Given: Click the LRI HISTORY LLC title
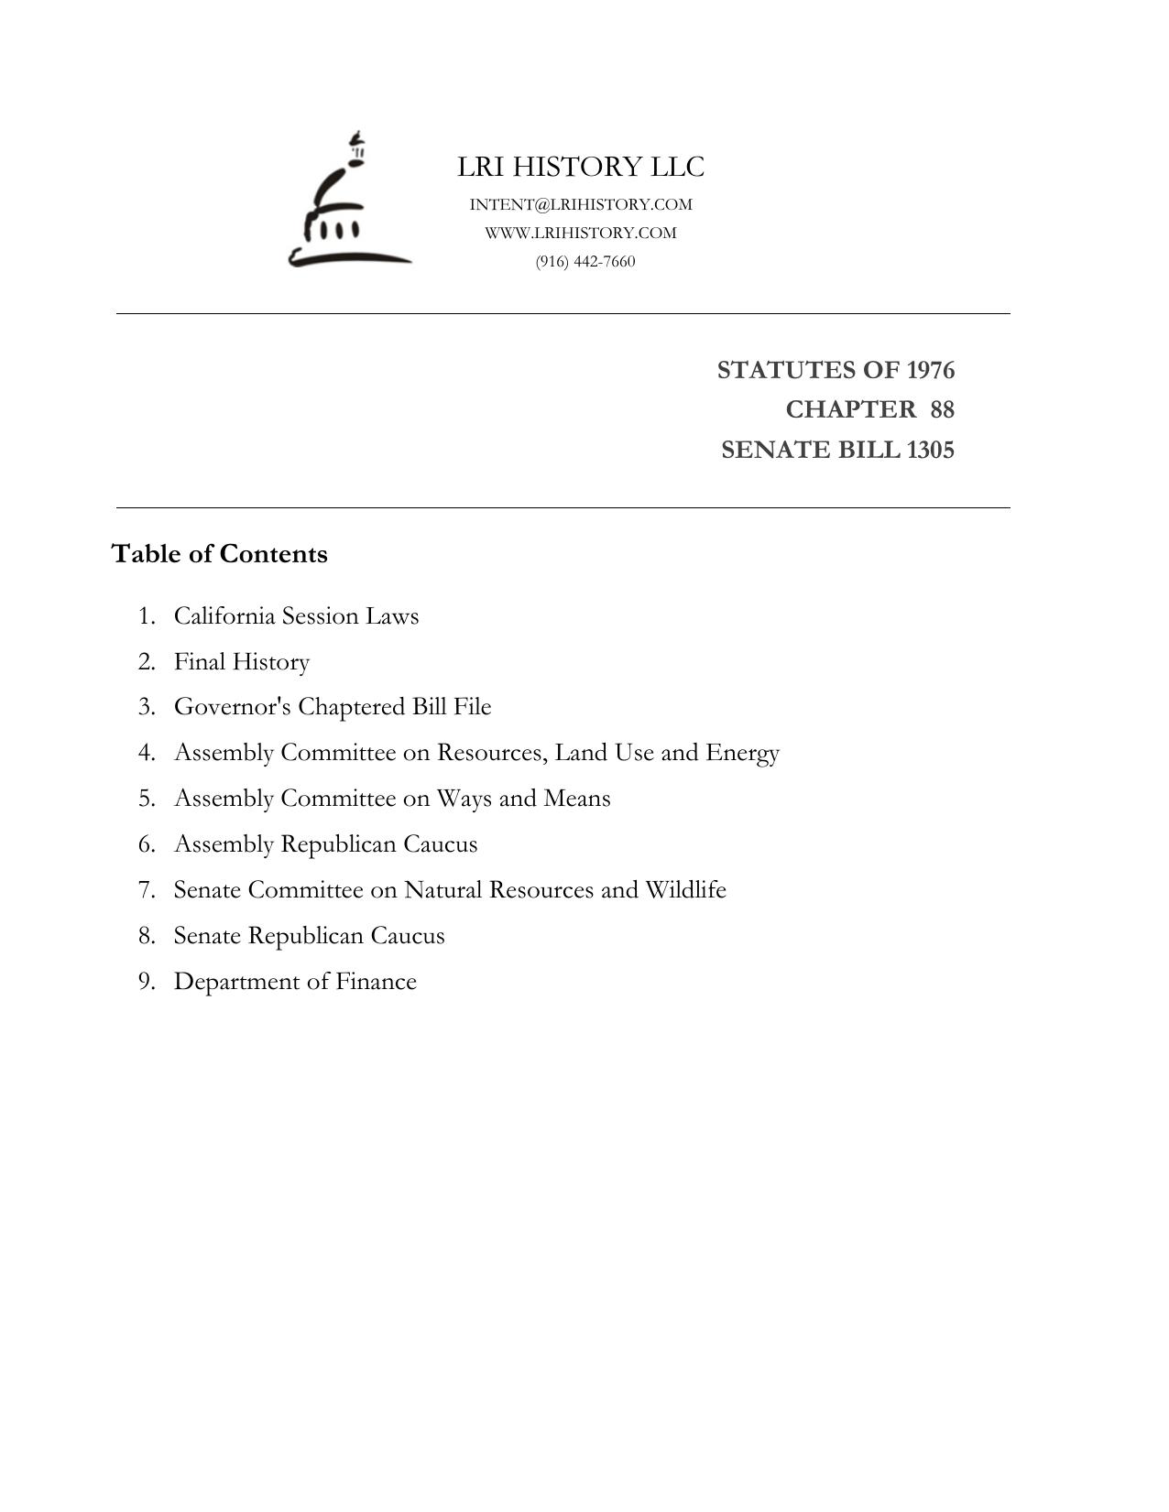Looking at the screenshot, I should point(581,168).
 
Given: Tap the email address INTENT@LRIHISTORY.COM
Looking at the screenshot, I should point(581,204).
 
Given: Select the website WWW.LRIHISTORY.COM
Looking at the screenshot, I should point(581,233).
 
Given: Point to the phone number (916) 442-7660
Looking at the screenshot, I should point(585,262).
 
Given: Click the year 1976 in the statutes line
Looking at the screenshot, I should point(930,370).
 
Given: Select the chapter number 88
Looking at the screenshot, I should point(942,409).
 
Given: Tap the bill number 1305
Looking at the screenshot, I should point(930,451).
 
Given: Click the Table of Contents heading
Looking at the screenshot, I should point(219,554).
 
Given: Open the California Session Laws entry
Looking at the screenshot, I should point(296,616).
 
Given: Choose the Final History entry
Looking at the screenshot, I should point(242,662).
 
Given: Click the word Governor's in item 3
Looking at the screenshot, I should point(232,707).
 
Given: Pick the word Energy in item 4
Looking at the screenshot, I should point(742,753).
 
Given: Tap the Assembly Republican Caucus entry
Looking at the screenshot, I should point(325,844).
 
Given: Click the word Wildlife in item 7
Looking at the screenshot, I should point(685,890).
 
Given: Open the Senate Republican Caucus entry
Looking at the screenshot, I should point(309,936).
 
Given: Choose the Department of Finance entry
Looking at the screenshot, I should point(295,982).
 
